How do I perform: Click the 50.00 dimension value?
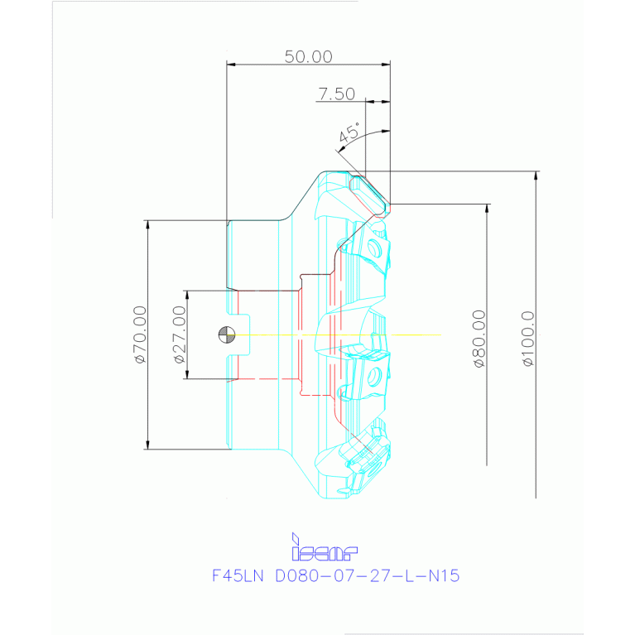(x=308, y=56)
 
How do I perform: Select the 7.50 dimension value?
(x=336, y=94)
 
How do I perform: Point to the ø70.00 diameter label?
(x=140, y=334)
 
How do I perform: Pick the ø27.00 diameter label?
(x=179, y=334)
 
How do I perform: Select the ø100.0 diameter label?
(x=527, y=338)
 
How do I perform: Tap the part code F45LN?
(x=238, y=575)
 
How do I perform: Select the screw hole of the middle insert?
(x=375, y=378)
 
